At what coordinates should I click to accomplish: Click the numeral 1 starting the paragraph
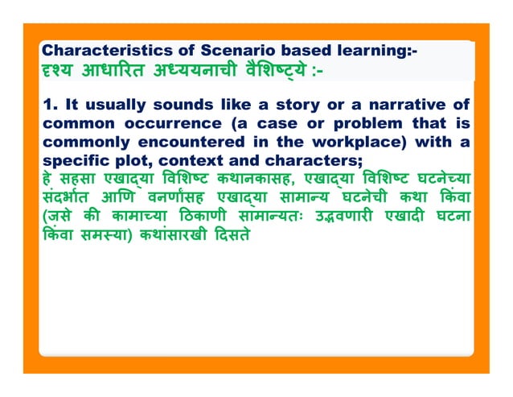click(47, 105)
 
